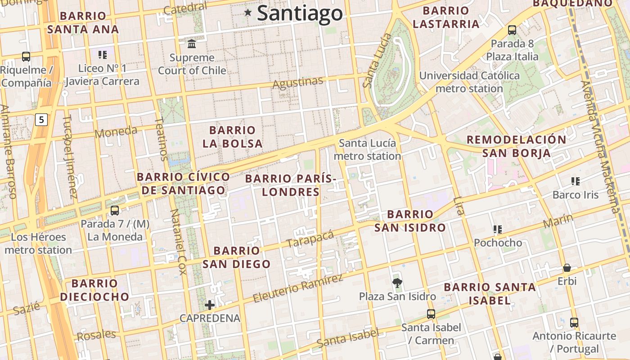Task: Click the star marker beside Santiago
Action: [x=247, y=13]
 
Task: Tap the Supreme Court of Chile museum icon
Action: [x=192, y=44]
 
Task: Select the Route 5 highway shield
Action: [x=41, y=120]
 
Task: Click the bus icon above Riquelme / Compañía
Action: [x=26, y=57]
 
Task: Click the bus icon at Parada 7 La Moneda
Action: [x=115, y=211]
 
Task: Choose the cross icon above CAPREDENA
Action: [x=210, y=306]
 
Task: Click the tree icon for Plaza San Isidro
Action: [x=397, y=283]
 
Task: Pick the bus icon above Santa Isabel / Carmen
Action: [x=431, y=314]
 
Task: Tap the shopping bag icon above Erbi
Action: [x=567, y=268]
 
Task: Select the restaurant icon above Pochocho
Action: [x=497, y=229]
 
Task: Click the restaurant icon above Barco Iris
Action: [x=575, y=181]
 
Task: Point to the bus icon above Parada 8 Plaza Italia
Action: [x=512, y=30]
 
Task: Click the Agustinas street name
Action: [x=298, y=83]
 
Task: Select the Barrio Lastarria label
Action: [x=446, y=17]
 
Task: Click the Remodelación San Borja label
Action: [x=516, y=146]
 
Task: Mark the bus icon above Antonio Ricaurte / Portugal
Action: [x=574, y=323]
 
